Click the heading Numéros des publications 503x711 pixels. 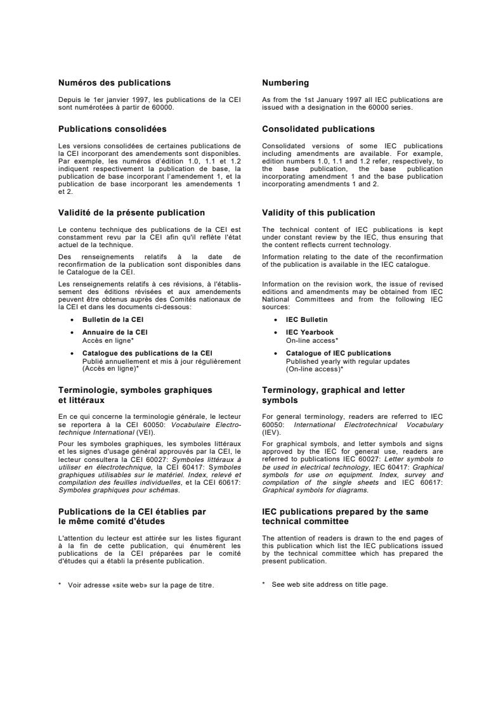(114, 83)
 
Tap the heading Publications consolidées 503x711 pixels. (112, 129)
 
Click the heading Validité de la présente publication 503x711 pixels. (131, 213)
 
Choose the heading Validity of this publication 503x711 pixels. (318, 213)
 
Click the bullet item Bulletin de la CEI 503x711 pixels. (113, 320)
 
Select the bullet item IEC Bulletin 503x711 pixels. (307, 320)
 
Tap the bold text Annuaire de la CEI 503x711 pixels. (115, 332)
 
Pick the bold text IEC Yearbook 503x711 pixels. (310, 332)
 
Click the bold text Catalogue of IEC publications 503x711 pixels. (338, 353)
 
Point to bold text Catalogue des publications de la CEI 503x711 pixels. (147, 353)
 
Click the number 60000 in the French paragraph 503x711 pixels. (164, 107)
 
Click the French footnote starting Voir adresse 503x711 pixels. (140, 585)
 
